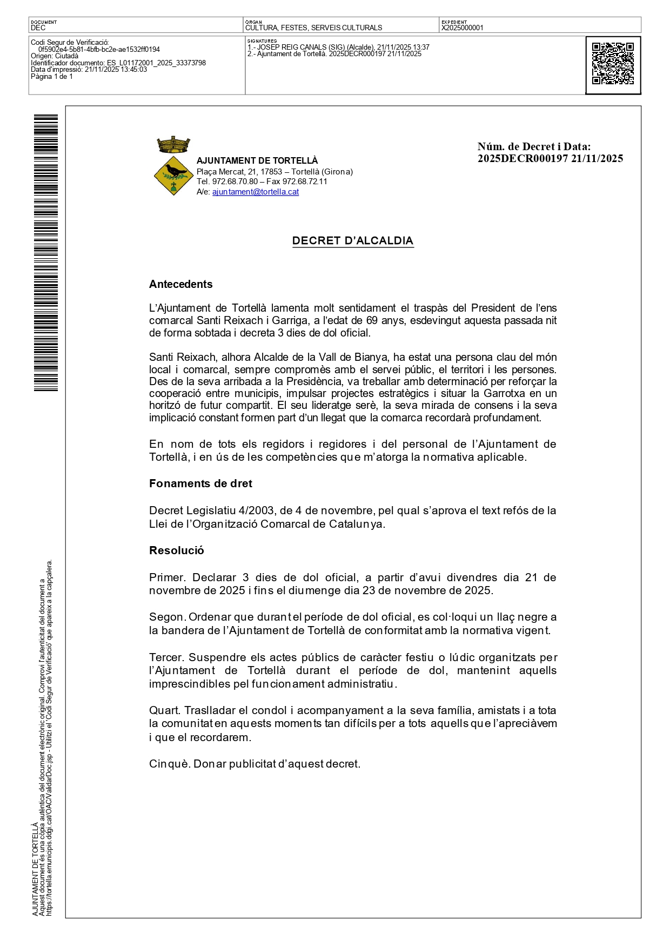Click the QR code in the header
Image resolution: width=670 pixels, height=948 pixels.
click(613, 64)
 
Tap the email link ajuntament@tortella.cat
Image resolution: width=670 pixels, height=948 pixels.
click(256, 192)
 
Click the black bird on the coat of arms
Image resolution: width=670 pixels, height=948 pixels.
click(176, 171)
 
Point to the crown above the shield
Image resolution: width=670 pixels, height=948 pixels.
click(173, 145)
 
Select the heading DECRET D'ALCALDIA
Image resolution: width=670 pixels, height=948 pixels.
click(353, 241)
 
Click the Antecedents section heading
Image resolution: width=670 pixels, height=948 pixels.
click(181, 284)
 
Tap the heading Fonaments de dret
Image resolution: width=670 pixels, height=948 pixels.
click(200, 483)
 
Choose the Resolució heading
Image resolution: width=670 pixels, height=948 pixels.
click(177, 550)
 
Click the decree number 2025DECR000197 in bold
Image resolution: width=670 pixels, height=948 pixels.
click(522, 158)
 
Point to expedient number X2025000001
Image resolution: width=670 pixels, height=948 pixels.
click(463, 28)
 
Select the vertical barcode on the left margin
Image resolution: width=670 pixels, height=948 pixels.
click(46, 253)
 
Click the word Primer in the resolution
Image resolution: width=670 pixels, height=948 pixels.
click(167, 577)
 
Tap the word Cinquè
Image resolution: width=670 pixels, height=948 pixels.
click(169, 764)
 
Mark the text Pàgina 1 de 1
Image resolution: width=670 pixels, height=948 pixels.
click(52, 77)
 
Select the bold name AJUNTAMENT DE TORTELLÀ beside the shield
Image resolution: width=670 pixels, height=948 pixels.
click(257, 160)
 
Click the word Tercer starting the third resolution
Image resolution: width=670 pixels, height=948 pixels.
click(166, 657)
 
